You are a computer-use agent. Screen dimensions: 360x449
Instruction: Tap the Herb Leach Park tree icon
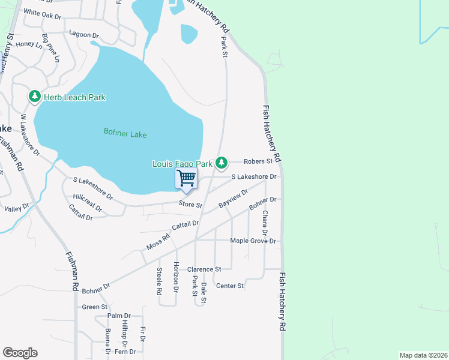pos(35,97)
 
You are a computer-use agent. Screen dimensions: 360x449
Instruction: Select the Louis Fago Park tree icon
pos(221,163)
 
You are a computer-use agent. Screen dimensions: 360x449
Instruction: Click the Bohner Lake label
pos(125,134)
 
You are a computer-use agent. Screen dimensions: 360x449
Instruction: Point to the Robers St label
pos(258,161)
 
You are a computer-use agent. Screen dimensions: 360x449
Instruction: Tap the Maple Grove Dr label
pos(253,241)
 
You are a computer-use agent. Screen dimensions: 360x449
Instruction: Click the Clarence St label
pos(204,269)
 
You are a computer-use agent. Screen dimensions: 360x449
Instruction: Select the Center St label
pos(230,286)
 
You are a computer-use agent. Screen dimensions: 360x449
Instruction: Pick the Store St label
pos(190,205)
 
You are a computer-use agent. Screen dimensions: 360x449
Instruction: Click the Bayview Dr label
pos(234,199)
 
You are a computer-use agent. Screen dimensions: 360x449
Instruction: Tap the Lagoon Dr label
pos(83,34)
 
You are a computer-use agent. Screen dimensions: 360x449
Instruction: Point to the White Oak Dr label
pos(43,13)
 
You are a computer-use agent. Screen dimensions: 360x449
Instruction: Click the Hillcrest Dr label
pos(88,203)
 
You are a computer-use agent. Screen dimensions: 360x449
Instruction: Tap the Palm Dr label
pos(119,316)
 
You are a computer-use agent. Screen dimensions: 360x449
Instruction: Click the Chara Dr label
pos(265,222)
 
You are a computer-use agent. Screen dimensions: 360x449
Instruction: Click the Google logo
pos(20,353)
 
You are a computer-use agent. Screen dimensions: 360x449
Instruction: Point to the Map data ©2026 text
pos(423,355)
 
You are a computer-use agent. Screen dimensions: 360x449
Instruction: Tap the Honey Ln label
pos(29,44)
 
